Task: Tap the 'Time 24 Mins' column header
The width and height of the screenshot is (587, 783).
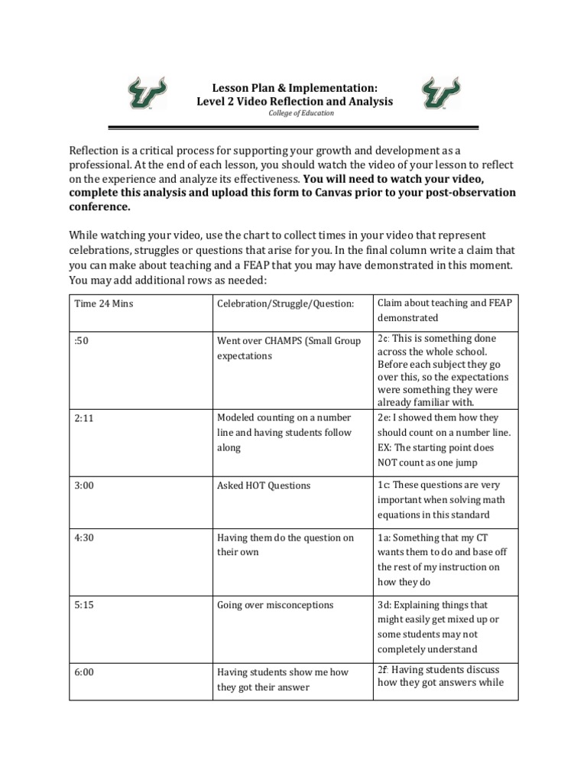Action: pyautogui.click(x=103, y=304)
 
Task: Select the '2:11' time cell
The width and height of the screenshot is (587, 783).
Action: pyautogui.click(x=84, y=418)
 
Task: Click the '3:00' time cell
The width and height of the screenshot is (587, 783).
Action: pyautogui.click(x=84, y=486)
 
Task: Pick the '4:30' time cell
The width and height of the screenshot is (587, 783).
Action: pyautogui.click(x=84, y=538)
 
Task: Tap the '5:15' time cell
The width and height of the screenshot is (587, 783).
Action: pyautogui.click(x=84, y=605)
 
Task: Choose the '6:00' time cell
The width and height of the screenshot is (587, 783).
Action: pyautogui.click(x=84, y=672)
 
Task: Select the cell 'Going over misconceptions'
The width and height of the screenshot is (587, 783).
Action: pyautogui.click(x=275, y=605)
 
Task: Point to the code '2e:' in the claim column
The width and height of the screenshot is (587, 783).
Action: pyautogui.click(x=384, y=417)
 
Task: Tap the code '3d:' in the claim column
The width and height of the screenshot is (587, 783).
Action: pyautogui.click(x=385, y=604)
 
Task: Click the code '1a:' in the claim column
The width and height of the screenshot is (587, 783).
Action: pyautogui.click(x=384, y=538)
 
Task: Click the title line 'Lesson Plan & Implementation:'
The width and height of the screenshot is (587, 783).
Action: pyautogui.click(x=294, y=88)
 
